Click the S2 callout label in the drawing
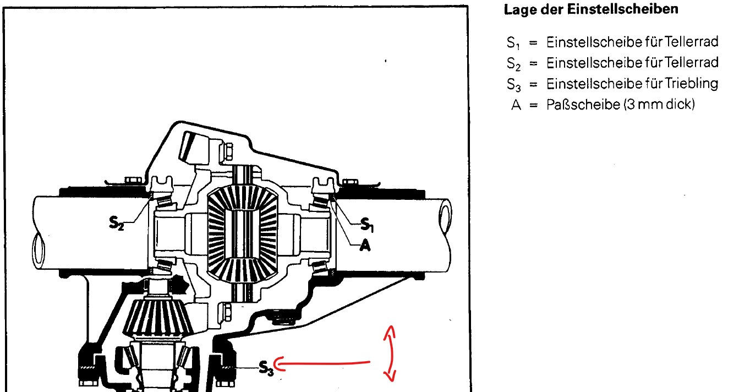[x=116, y=224]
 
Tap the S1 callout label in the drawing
[x=367, y=225]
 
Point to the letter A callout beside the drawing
[x=365, y=246]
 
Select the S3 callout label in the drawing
[x=266, y=368]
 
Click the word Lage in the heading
[x=517, y=10]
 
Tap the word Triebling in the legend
[x=691, y=84]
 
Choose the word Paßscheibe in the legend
[x=583, y=105]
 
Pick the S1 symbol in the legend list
[x=513, y=43]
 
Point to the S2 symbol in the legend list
[x=513, y=64]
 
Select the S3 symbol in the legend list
[x=514, y=85]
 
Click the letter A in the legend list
[x=516, y=105]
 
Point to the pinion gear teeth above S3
[x=158, y=316]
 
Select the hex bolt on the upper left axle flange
[x=133, y=180]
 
